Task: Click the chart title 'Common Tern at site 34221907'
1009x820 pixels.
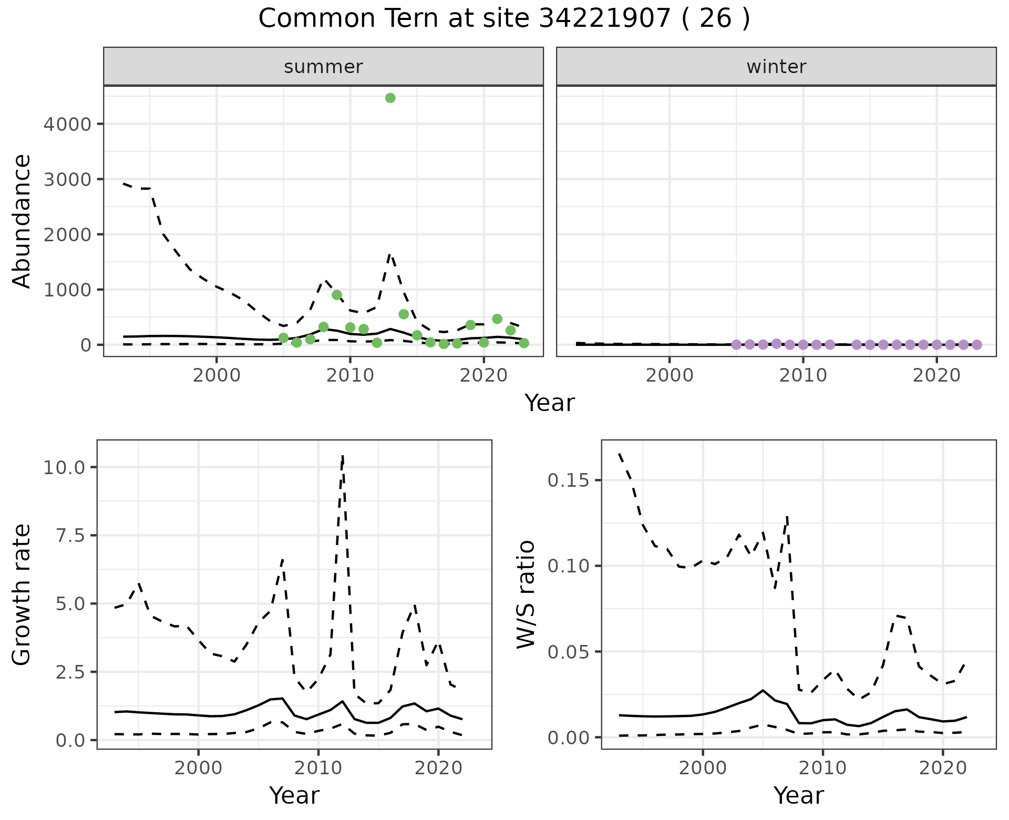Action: [x=503, y=19]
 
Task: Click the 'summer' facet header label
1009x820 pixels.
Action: [x=323, y=67]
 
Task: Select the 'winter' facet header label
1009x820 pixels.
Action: [x=776, y=67]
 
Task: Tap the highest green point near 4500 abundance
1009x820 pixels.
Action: [x=390, y=98]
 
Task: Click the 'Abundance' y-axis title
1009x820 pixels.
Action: [x=22, y=221]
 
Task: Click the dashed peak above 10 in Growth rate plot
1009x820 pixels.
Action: [x=343, y=456]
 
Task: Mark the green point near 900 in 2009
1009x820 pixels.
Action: [x=337, y=295]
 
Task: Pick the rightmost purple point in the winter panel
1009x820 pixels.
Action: [x=976, y=345]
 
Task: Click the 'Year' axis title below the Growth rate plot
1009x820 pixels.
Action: [x=294, y=796]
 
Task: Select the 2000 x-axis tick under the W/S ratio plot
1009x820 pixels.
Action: [x=703, y=768]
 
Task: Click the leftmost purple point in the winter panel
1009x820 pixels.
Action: [x=736, y=345]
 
